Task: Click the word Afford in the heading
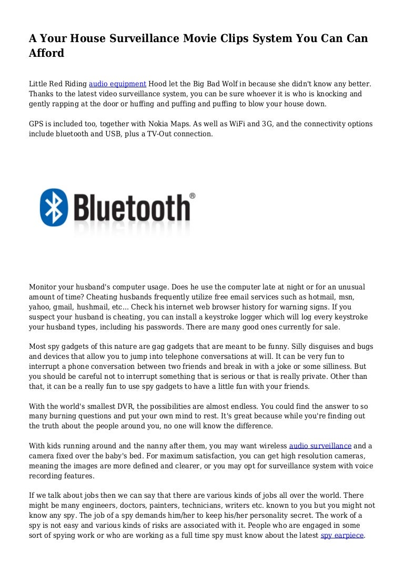(x=46, y=53)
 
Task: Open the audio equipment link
(x=117, y=84)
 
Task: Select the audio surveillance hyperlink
(x=320, y=446)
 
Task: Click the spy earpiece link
(x=342, y=536)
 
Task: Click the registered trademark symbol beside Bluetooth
(x=193, y=196)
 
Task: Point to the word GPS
(x=37, y=124)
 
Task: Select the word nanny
(x=148, y=446)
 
